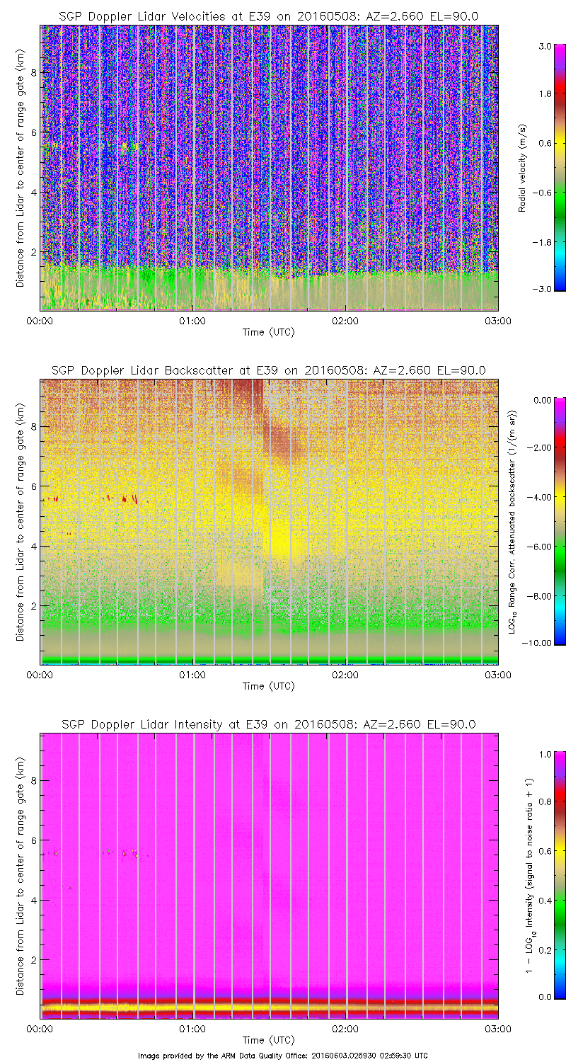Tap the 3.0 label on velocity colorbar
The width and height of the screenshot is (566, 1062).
543,45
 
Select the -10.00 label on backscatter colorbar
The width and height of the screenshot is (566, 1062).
541,642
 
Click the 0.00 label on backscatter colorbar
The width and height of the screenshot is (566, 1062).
543,400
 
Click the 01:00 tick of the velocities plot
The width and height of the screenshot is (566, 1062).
192,321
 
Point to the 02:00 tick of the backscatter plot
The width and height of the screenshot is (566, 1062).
345,675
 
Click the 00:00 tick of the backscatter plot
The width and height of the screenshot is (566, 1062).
40,675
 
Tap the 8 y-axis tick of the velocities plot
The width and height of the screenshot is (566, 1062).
33,72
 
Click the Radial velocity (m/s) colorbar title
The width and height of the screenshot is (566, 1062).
523,168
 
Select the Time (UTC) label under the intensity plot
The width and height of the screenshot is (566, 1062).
268,1040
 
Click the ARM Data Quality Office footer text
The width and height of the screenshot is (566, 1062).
283,1055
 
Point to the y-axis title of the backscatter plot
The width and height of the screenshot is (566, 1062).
20,522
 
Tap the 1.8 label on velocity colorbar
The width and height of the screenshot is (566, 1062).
543,94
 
